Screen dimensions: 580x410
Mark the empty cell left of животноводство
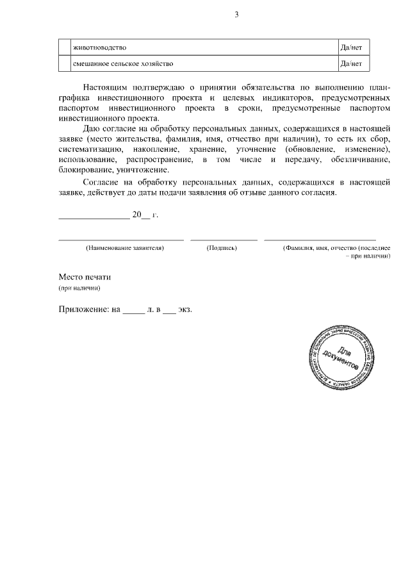click(64, 47)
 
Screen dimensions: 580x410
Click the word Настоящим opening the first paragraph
click(104, 87)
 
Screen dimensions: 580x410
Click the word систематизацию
click(87, 149)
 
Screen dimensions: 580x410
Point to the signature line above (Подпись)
click(224, 239)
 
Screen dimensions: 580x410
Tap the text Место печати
click(85, 278)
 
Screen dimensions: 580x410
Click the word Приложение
click(83, 308)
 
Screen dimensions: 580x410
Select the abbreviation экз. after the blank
click(185, 308)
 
